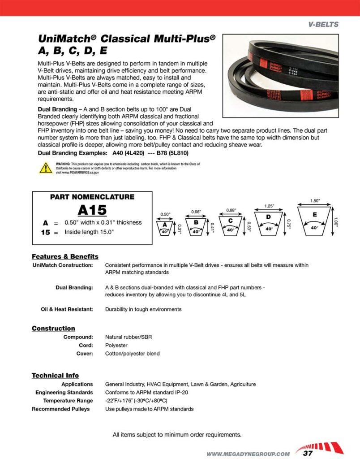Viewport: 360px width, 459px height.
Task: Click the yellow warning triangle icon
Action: (x=46, y=168)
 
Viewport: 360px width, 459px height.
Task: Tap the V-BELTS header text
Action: (x=323, y=24)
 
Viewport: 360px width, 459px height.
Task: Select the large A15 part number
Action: (x=92, y=209)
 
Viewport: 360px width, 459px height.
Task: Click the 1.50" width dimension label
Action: (x=315, y=201)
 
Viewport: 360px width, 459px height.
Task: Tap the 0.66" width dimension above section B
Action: (x=196, y=212)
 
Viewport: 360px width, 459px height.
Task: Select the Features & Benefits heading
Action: (x=65, y=256)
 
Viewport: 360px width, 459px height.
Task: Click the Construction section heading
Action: (x=53, y=328)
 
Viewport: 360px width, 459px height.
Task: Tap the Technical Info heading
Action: (x=55, y=375)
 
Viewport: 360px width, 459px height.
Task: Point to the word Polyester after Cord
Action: (x=116, y=345)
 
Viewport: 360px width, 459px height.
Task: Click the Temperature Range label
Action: (x=68, y=400)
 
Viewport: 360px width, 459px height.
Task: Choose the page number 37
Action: (x=308, y=453)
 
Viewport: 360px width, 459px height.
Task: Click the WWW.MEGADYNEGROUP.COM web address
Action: (x=248, y=454)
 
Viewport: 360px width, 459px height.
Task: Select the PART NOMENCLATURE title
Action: (x=92, y=197)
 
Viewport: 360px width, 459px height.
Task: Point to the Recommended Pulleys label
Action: (x=60, y=409)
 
